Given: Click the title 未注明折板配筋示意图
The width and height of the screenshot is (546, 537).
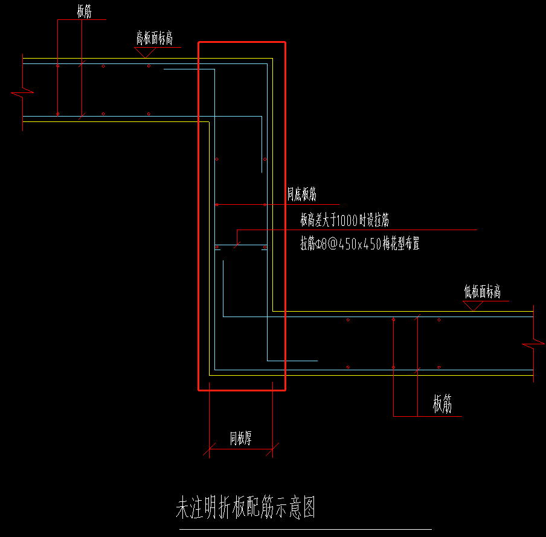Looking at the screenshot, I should (245, 509).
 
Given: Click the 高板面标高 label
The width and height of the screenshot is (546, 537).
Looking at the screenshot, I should (154, 39).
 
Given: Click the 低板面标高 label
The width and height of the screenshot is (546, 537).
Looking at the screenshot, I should (483, 292).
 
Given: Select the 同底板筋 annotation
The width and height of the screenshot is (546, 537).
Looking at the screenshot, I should (301, 195).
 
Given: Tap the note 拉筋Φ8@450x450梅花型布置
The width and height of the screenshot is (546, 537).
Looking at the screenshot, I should (360, 244).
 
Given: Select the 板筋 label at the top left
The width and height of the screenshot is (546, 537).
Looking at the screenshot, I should (85, 11).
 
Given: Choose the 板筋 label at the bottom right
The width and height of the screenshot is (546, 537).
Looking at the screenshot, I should (442, 405).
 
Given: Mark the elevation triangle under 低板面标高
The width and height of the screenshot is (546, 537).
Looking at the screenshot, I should (472, 306).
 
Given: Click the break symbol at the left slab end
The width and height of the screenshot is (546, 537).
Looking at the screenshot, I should (22, 93).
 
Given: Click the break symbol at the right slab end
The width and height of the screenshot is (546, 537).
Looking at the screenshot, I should (534, 346).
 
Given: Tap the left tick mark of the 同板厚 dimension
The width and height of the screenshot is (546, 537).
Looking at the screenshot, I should (209, 448).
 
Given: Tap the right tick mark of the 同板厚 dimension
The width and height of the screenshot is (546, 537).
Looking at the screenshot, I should (273, 448).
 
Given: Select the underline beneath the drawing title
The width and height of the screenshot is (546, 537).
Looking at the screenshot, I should (306, 529).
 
